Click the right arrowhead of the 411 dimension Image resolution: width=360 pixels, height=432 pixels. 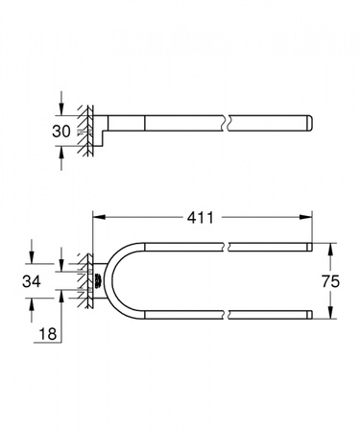306,217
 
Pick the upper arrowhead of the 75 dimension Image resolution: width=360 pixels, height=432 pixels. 330,247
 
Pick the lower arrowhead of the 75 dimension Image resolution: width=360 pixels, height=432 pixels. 330,314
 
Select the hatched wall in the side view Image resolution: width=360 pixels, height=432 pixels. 88,125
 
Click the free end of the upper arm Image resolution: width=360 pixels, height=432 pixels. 308,249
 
